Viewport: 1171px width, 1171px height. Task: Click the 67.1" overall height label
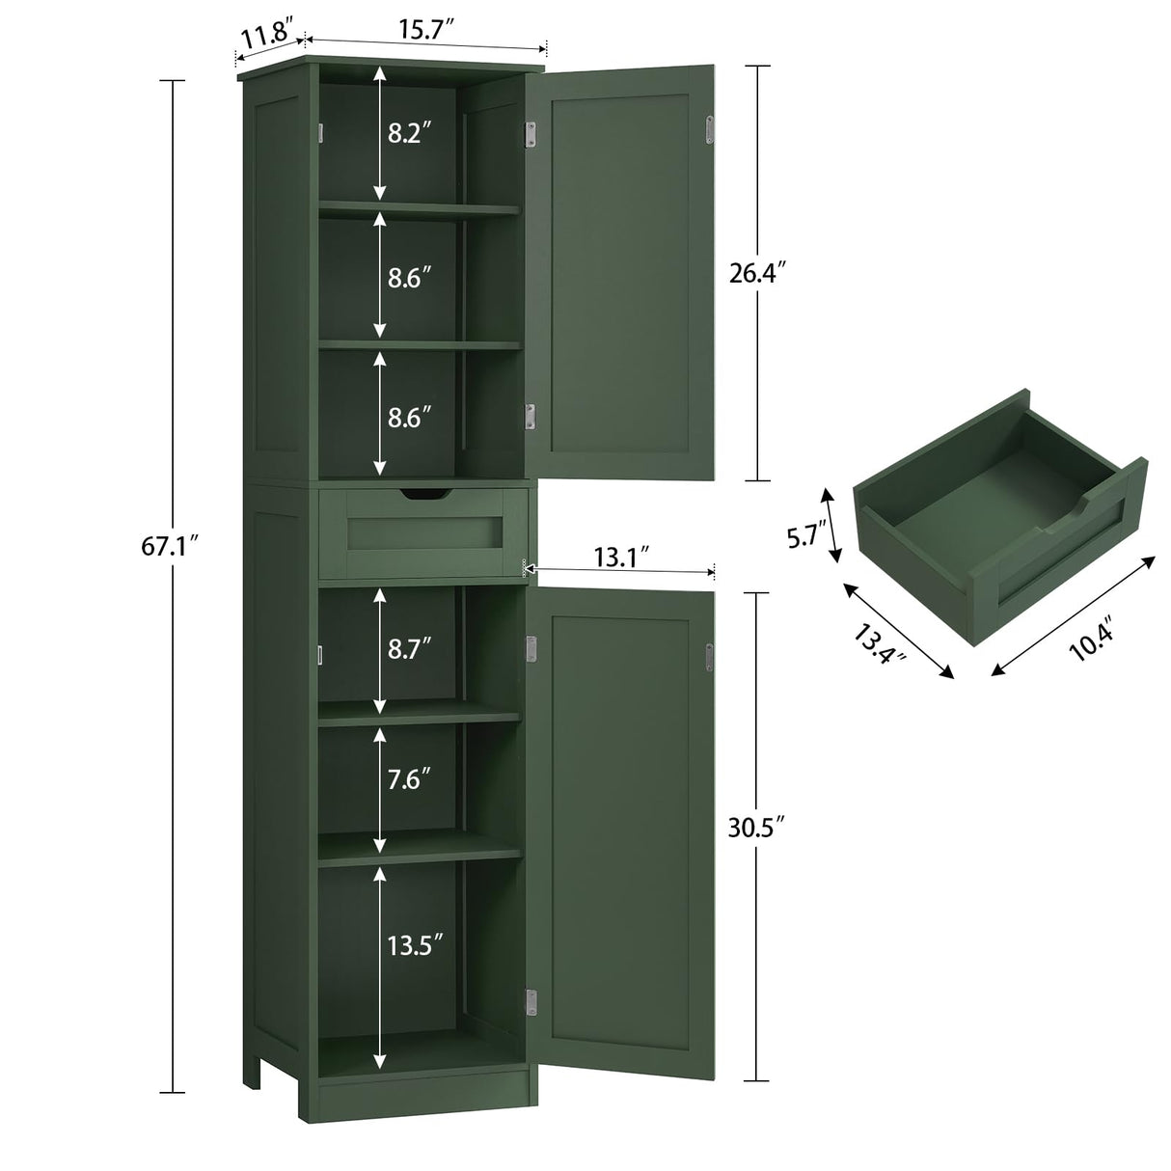[170, 546]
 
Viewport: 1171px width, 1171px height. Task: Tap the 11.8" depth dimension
[267, 40]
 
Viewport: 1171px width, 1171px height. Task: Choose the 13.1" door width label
[617, 558]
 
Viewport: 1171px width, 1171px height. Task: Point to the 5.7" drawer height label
[803, 536]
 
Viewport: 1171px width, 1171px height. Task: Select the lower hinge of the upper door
[530, 416]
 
